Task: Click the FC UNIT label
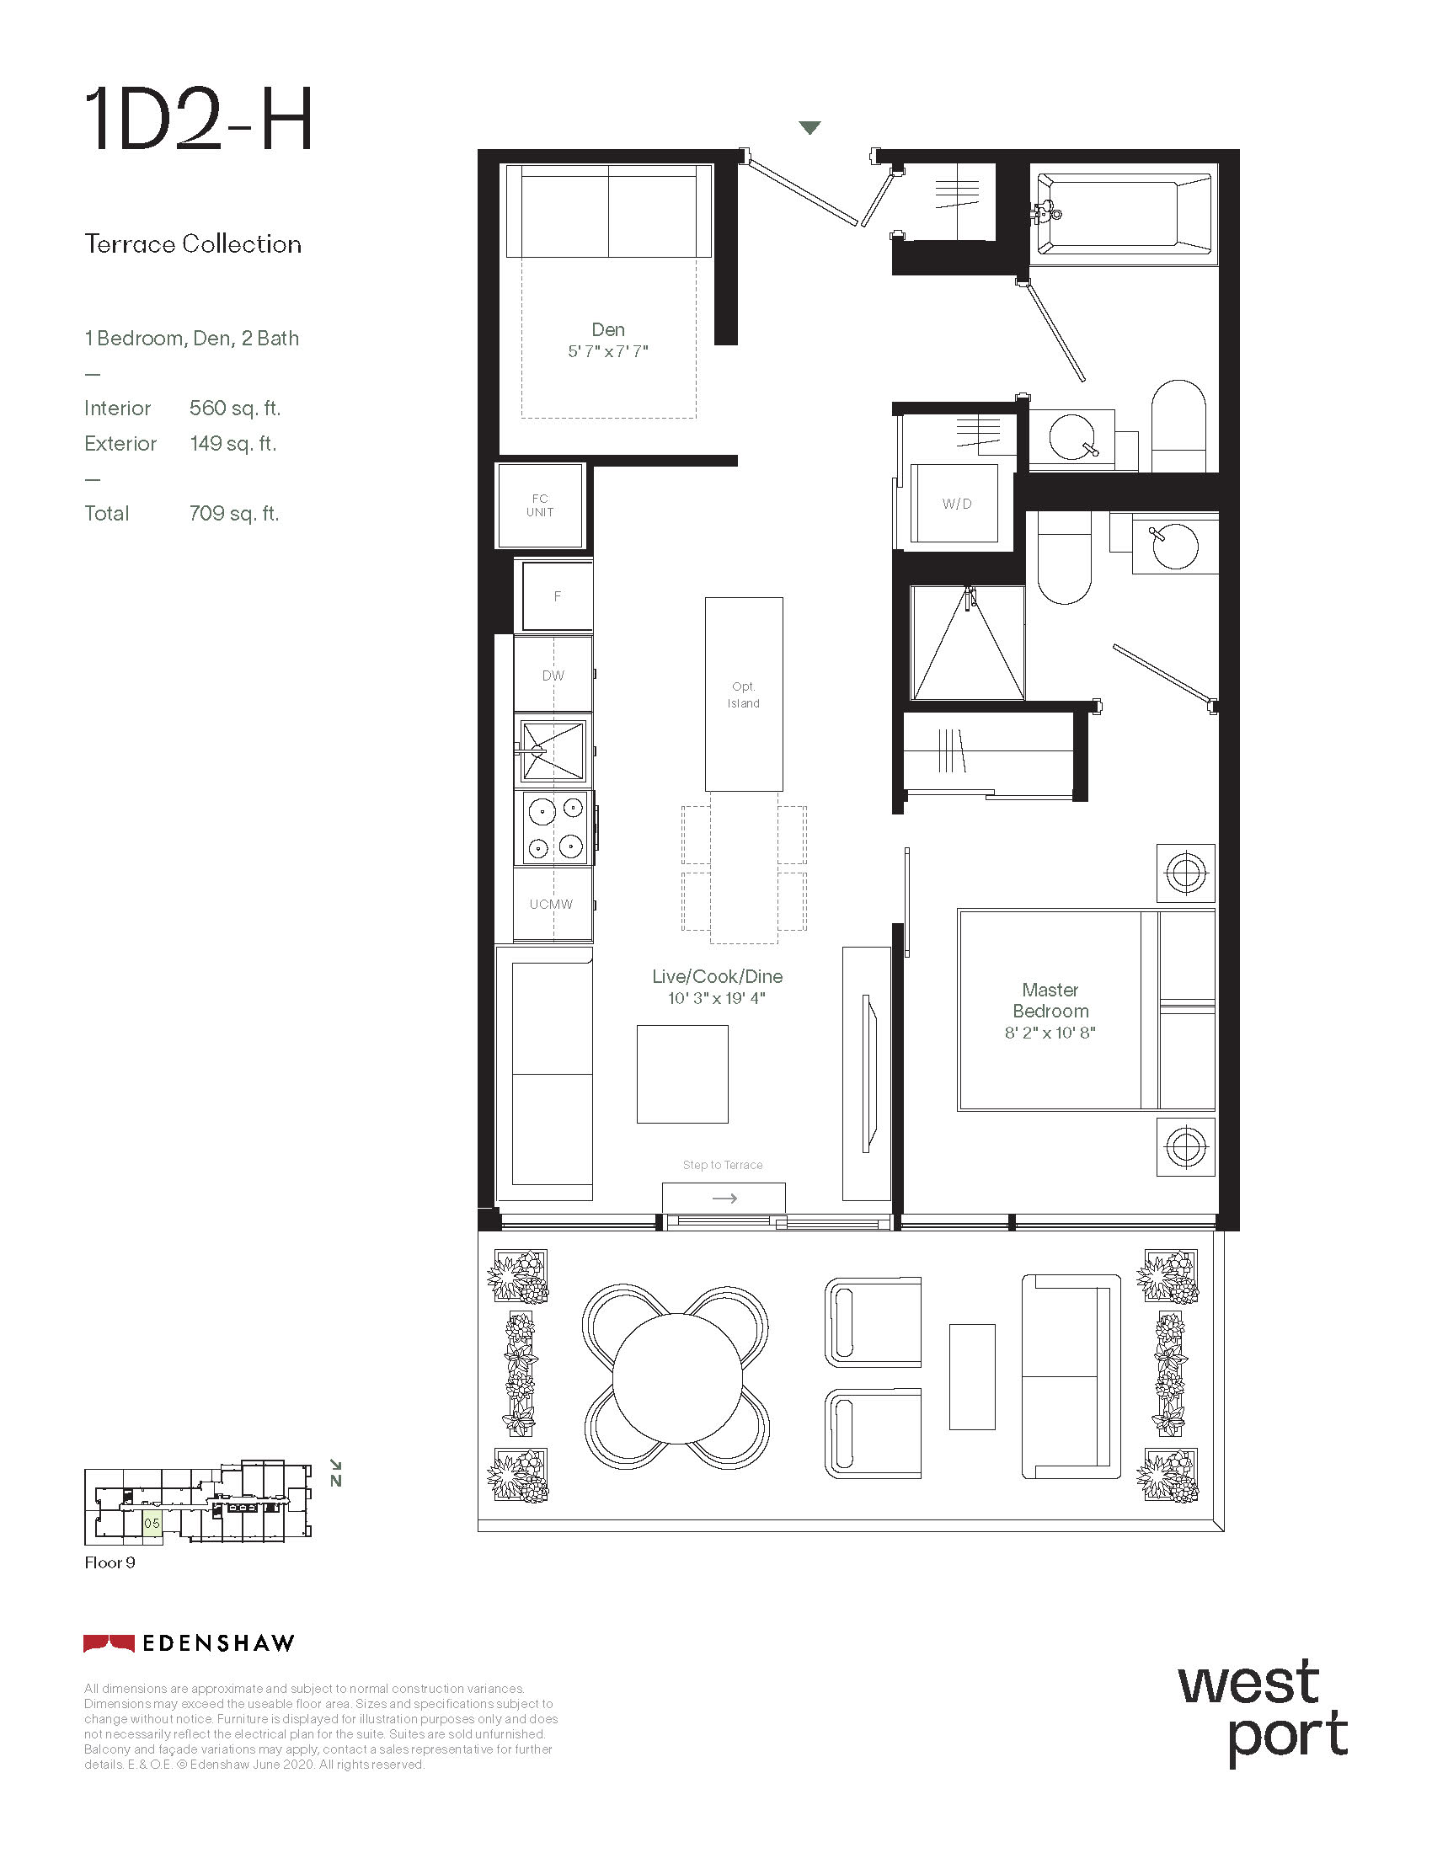540,505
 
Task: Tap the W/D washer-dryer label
957,504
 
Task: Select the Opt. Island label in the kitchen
743,695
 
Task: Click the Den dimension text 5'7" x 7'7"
608,351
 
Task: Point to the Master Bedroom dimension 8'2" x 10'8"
1050,1033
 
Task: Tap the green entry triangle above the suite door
810,128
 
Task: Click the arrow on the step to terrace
724,1198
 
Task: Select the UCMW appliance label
552,905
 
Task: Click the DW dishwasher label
553,676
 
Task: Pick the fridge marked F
557,596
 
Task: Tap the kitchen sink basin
553,750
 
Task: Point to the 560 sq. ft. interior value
235,409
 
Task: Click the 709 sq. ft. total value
234,513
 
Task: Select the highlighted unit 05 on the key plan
152,1523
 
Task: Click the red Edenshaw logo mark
109,1643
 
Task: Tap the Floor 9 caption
110,1562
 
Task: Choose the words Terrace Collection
193,244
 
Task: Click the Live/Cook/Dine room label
717,976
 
